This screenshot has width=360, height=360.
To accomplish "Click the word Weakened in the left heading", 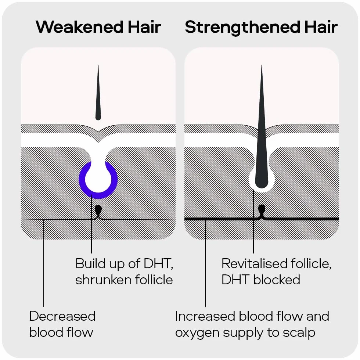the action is click(79, 27).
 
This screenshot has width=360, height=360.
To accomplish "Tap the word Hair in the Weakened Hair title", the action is click(144, 27).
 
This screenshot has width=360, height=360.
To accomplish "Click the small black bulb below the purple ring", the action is click(98, 209).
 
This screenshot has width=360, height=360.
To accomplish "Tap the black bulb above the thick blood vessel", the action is click(262, 209).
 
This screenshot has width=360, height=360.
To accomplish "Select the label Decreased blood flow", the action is click(62, 324).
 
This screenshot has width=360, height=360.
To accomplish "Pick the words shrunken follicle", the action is click(124, 280).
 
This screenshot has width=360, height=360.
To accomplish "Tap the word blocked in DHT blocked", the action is click(277, 280).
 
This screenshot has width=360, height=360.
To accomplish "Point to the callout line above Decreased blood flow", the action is click(44, 263).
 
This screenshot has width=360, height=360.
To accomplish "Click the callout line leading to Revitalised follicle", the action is click(253, 222).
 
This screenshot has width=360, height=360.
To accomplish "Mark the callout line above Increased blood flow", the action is click(205, 263).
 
